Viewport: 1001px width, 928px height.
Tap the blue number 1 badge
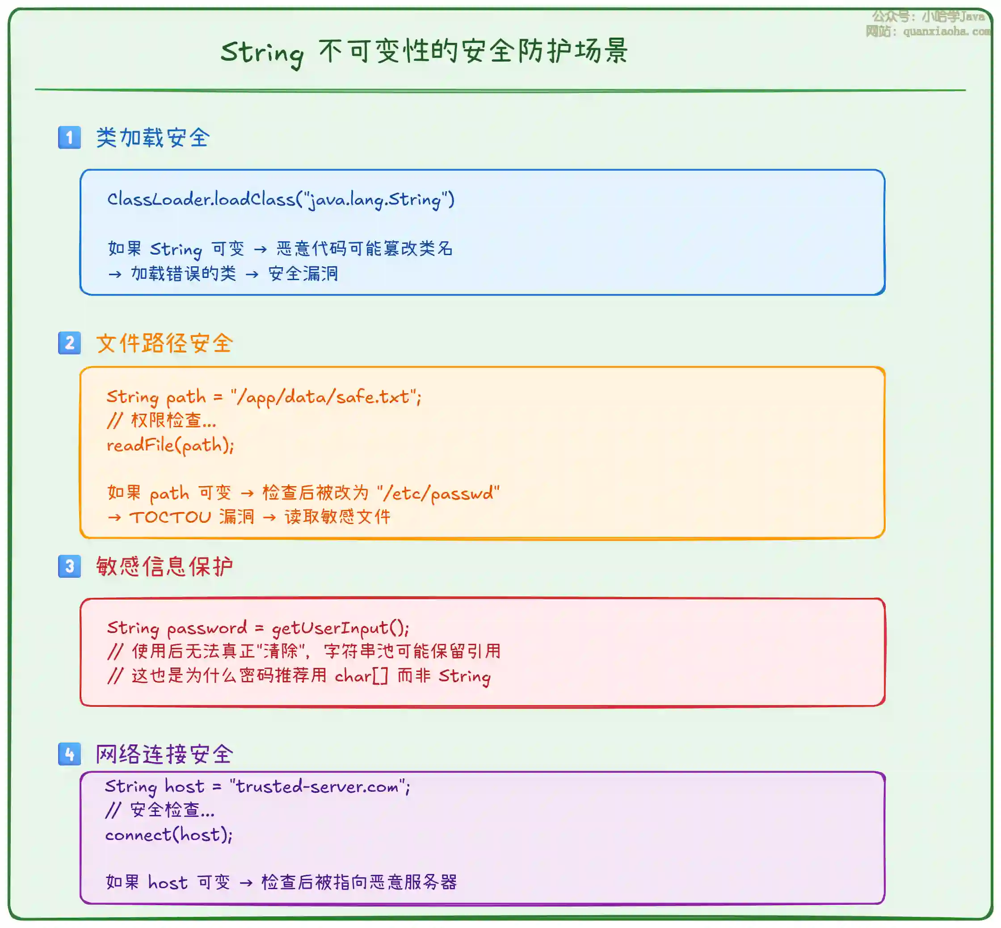(x=69, y=137)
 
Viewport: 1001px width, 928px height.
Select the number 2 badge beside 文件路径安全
(x=69, y=343)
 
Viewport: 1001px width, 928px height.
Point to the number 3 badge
(x=69, y=566)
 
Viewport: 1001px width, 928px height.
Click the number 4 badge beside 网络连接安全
(x=69, y=754)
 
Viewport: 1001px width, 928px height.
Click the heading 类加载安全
(x=153, y=138)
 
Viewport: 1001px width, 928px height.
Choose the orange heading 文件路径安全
(x=164, y=344)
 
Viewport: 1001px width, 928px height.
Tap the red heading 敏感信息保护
(x=164, y=567)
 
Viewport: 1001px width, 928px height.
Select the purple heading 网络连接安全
(x=164, y=754)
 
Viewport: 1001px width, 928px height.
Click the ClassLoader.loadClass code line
(x=281, y=200)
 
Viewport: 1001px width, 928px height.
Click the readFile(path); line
(x=170, y=445)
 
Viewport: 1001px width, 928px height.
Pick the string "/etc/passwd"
(x=438, y=493)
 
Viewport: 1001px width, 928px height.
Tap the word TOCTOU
(x=170, y=517)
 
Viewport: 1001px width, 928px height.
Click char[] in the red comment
(x=361, y=676)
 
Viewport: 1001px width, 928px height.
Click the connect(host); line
(x=169, y=835)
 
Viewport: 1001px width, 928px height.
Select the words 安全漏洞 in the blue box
(x=303, y=274)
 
